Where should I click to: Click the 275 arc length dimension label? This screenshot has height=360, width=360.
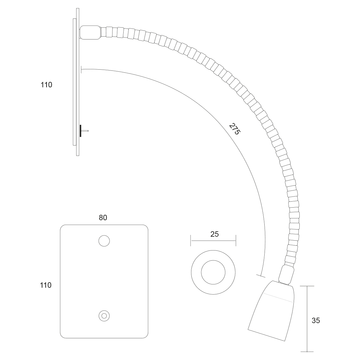click(x=235, y=129)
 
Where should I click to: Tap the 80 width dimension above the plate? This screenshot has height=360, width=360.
click(x=103, y=217)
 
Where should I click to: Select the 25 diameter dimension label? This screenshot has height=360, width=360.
click(x=214, y=234)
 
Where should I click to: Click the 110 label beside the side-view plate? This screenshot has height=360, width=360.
click(x=46, y=85)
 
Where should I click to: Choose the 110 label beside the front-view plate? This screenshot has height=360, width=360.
click(x=46, y=285)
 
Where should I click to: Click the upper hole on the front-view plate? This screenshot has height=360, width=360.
click(x=104, y=241)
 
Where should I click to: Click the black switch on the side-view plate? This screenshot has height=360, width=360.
click(x=80, y=131)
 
